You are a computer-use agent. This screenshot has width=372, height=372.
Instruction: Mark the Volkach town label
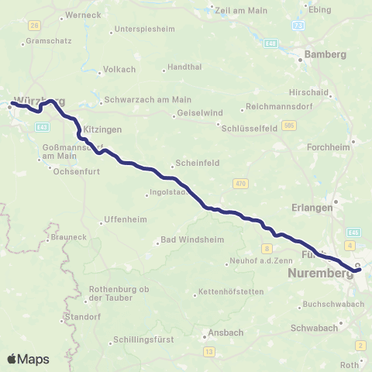(x=119, y=69)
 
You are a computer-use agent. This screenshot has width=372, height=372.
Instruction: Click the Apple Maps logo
(x=29, y=359)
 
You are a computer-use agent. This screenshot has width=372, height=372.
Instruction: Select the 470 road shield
(x=239, y=183)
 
